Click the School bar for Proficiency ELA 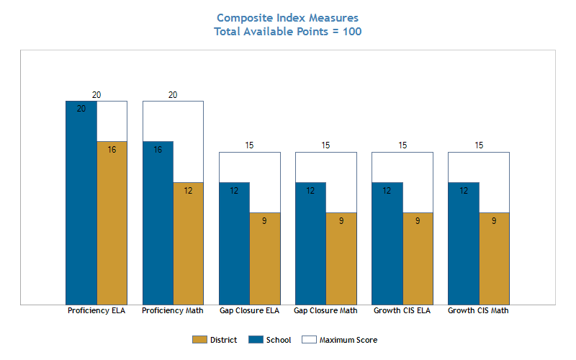pos(81,203)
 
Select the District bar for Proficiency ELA pos(112,223)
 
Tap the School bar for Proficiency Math pos(158,223)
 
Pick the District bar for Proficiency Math pos(189,243)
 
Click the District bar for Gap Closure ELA pos(265,258)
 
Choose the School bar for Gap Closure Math pos(311,243)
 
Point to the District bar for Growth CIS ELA pos(418,258)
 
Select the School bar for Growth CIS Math pos(464,243)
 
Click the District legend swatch pos(199,340)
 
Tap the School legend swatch pos(256,340)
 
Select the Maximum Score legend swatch pos(309,340)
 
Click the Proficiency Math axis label pos(173,311)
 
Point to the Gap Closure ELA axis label pos(249,311)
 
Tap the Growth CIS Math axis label pos(478,311)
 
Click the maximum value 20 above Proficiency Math pos(173,95)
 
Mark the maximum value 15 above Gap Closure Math pos(325,145)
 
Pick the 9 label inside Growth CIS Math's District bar pos(494,221)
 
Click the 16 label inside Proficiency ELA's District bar pos(112,150)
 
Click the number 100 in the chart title pos(352,32)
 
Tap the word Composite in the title pos(245,18)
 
